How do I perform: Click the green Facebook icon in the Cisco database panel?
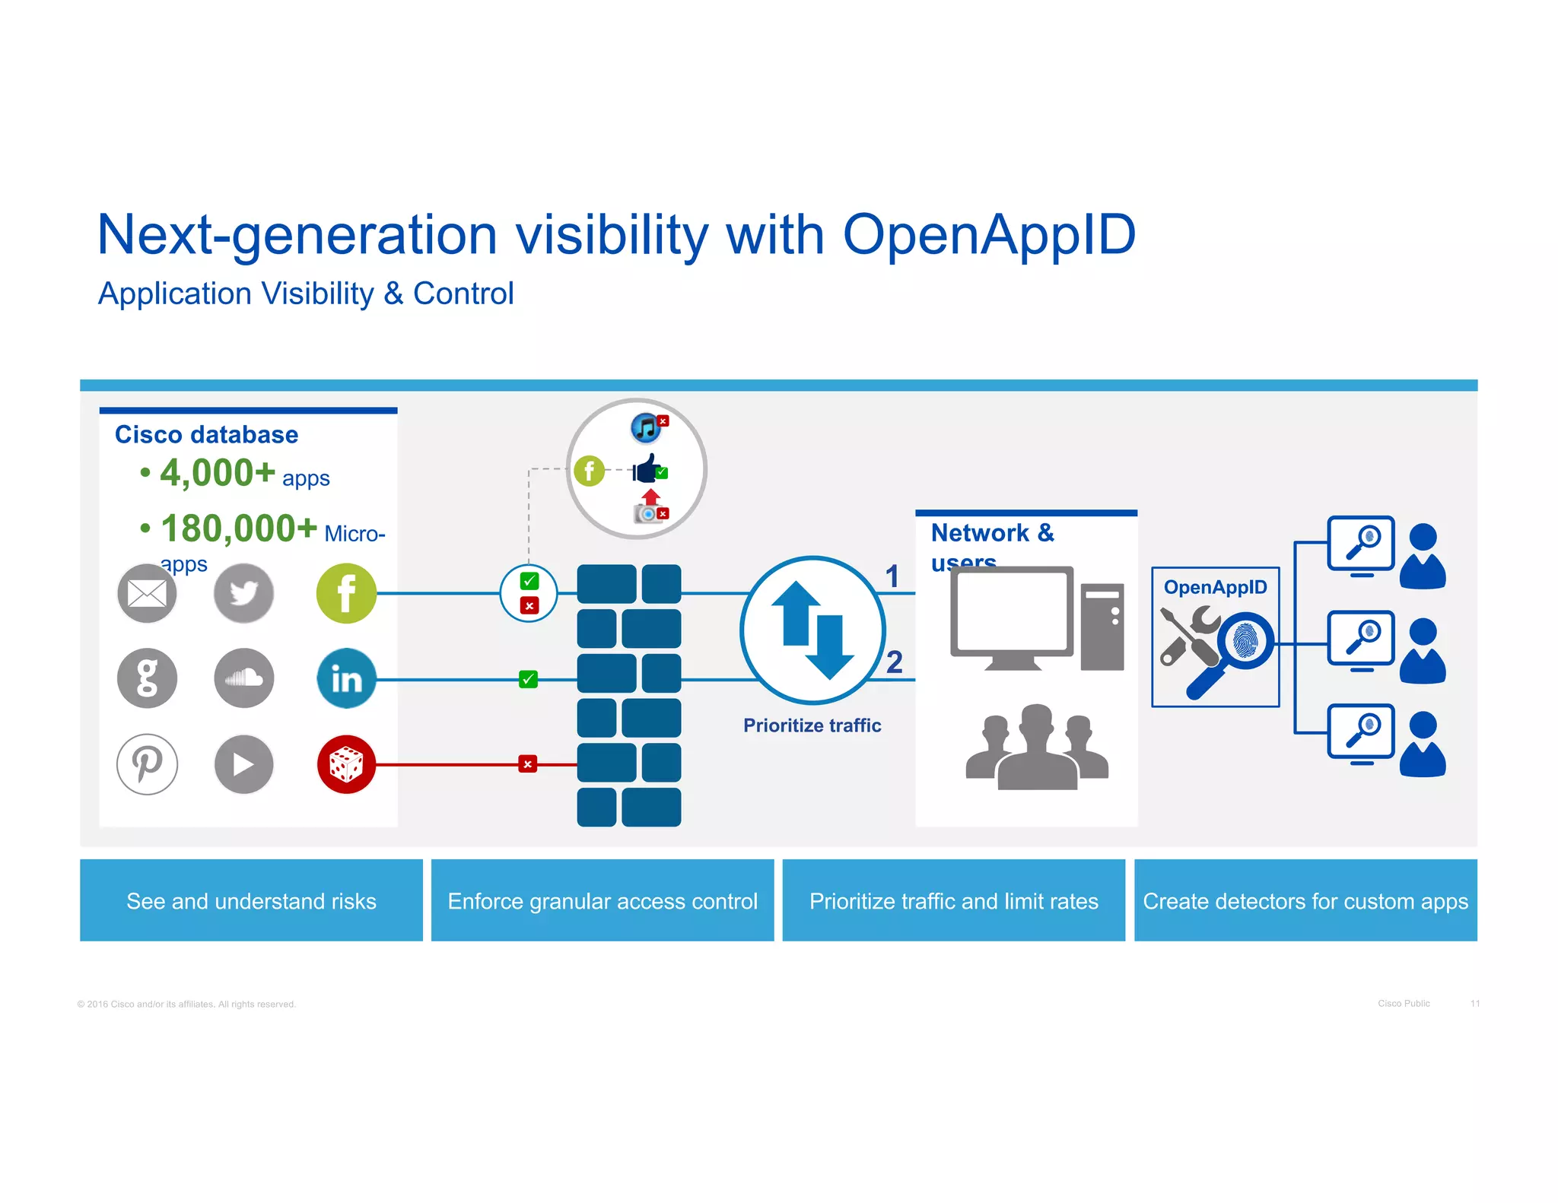(x=346, y=593)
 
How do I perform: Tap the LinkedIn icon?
(x=346, y=678)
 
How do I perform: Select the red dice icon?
(x=346, y=764)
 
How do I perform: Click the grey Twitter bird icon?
(x=243, y=593)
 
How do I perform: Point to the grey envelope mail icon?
(x=147, y=593)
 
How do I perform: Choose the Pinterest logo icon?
(x=147, y=763)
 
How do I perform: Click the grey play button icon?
(x=243, y=764)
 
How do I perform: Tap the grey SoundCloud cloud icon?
(x=243, y=678)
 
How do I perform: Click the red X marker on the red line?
(x=527, y=764)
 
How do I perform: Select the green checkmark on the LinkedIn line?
(x=528, y=679)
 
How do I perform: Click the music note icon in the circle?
(x=647, y=428)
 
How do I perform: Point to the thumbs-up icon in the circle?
(x=647, y=470)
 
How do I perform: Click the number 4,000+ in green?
(x=218, y=473)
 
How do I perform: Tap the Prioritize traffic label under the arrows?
(x=812, y=725)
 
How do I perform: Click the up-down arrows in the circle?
(x=812, y=630)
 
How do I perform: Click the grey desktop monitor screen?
(x=1012, y=611)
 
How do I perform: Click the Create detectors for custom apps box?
(x=1305, y=901)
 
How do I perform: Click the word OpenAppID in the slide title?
(x=989, y=234)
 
